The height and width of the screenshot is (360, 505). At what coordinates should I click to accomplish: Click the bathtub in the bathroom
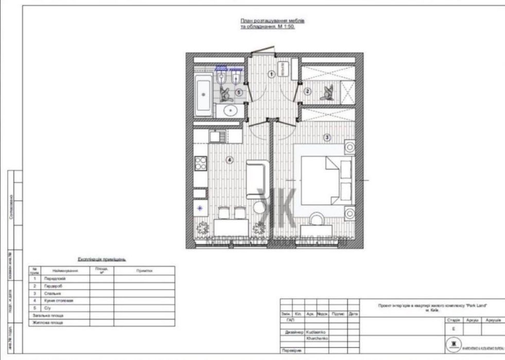pos(203,95)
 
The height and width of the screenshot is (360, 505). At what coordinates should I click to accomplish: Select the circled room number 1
pos(271,74)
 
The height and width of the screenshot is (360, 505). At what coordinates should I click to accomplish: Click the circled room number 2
pos(308,92)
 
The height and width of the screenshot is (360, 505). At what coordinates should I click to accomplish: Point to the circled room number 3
pos(326,137)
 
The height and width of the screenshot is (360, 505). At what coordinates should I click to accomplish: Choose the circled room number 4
pos(229,160)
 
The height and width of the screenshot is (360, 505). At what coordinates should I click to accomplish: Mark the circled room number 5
pos(238,92)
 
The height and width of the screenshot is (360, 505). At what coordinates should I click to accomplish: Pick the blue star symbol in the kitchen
pos(200,208)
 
